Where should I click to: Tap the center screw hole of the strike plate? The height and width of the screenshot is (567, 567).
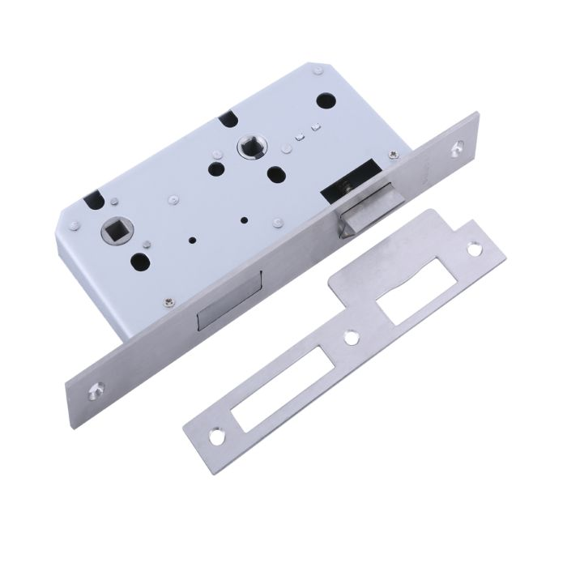click(351, 335)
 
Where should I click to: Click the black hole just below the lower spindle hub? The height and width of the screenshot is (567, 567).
click(140, 262)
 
